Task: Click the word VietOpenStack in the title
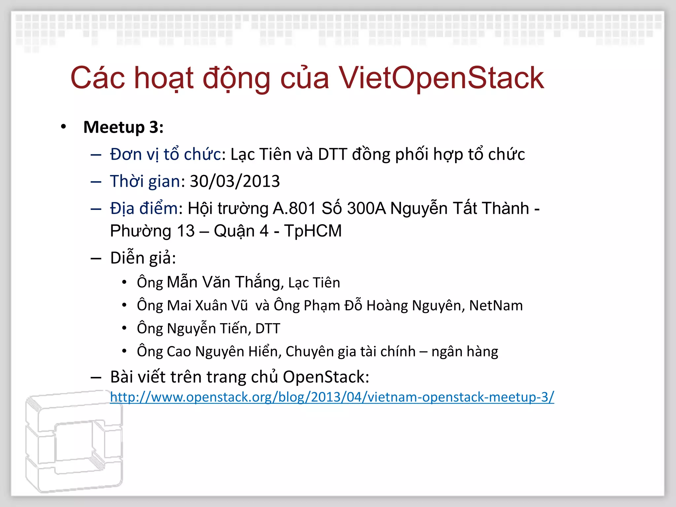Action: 441,78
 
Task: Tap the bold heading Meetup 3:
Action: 123,127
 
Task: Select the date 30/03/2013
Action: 235,181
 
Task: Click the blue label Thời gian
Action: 145,181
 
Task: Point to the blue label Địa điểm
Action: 144,209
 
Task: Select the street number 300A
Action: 366,209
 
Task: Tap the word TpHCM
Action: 313,231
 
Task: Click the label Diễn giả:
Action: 143,258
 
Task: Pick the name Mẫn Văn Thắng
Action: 224,282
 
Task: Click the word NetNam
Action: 496,305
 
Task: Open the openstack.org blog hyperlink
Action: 332,397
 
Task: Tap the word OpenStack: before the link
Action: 326,377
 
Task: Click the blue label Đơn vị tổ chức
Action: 165,154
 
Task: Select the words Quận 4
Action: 241,231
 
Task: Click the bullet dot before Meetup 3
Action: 64,127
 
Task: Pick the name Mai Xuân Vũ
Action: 207,305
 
